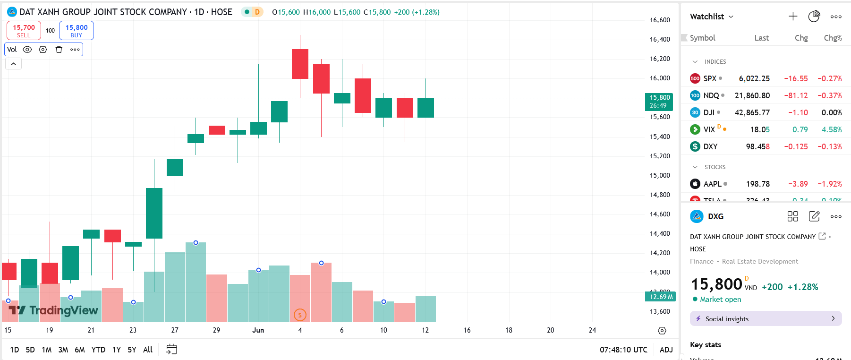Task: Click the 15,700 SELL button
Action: coord(24,31)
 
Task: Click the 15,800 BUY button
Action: coord(77,31)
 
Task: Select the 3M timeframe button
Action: coord(63,350)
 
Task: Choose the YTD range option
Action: coord(98,350)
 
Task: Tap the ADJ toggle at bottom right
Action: coord(666,350)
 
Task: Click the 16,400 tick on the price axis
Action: coord(660,39)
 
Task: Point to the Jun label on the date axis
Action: coord(258,330)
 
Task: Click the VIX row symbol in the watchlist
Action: coord(709,129)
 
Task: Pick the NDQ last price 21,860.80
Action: coord(752,95)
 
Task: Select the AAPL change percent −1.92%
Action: coord(830,184)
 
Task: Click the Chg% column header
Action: coord(833,38)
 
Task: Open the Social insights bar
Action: coord(766,319)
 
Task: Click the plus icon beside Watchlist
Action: coord(793,17)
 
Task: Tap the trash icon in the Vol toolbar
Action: coord(59,50)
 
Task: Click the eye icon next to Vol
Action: coord(27,50)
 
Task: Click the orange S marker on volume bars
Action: coord(300,315)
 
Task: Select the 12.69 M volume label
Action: coord(660,297)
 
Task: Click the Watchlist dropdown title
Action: coord(711,17)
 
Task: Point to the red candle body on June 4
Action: coord(300,64)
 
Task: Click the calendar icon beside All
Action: coord(171,349)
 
